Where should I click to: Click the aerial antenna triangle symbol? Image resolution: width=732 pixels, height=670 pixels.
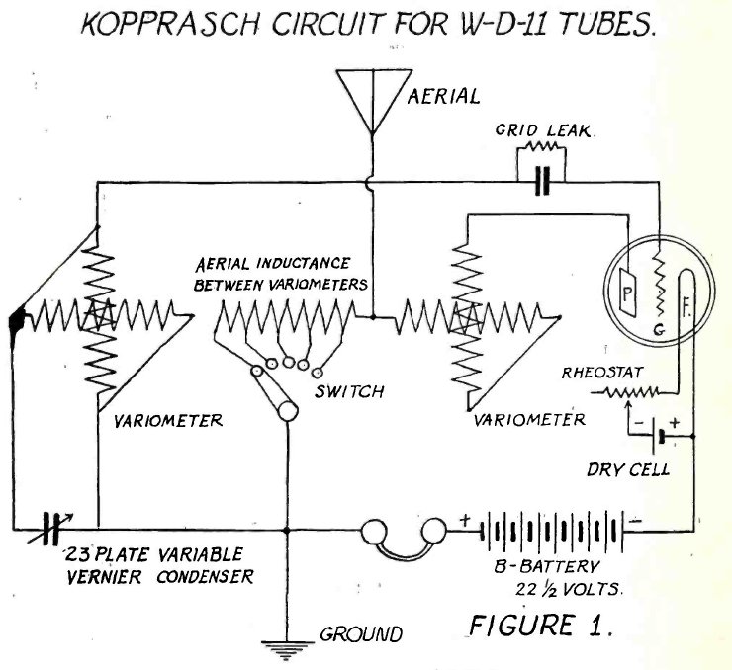pos(373,100)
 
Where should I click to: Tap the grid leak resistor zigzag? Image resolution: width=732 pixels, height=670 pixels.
pos(541,147)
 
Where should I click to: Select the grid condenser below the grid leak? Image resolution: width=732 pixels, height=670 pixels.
pos(542,182)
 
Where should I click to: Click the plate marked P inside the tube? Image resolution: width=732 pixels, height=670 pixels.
pos(628,293)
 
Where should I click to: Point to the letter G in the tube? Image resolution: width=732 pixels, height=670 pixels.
pos(659,330)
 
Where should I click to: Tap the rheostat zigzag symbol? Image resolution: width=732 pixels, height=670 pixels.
pos(632,392)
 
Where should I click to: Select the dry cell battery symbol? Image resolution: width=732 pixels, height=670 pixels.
pos(657,437)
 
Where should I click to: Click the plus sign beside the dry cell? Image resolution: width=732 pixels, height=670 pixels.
pos(674,423)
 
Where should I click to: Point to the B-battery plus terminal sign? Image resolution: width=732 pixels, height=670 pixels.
pos(466,520)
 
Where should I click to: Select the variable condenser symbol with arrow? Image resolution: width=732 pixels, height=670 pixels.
pos(50,529)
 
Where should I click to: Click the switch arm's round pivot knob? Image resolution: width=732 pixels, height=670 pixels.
pos(288,411)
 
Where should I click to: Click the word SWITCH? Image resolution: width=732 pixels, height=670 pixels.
pos(349,391)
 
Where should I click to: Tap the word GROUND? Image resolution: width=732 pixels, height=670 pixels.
pos(361,634)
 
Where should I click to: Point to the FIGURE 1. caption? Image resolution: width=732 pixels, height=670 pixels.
pos(540,626)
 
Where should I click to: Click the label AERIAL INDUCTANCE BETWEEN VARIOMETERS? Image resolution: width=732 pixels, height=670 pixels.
pos(281,274)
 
